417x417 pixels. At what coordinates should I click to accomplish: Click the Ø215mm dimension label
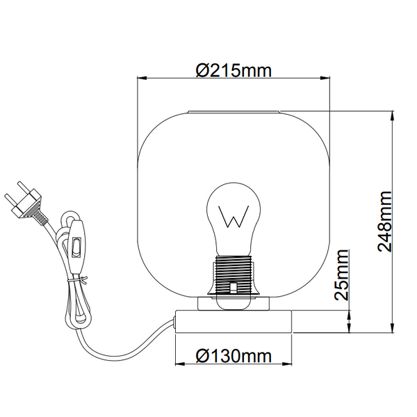pos(233,70)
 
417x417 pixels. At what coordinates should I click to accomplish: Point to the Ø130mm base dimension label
pos(233,357)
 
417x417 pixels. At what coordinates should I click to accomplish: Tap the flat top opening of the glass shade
pos(233,111)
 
